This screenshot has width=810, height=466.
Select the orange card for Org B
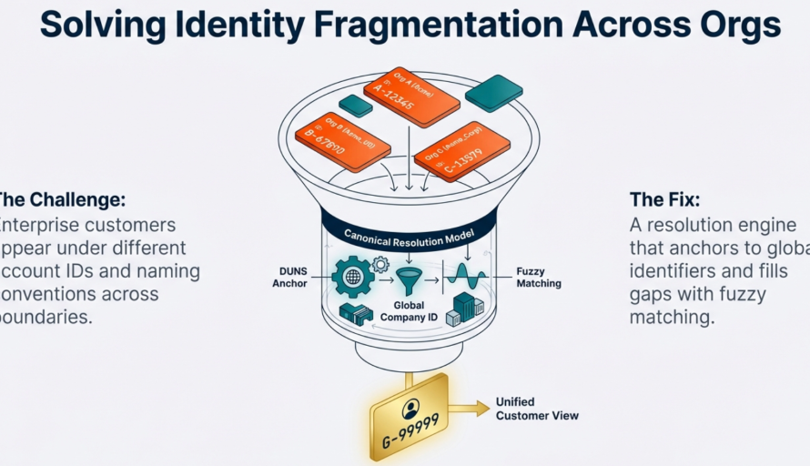click(342, 141)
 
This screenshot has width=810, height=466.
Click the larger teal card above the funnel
click(493, 93)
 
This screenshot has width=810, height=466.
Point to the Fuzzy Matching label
click(539, 277)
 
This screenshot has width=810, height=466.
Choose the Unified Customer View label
click(536, 409)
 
